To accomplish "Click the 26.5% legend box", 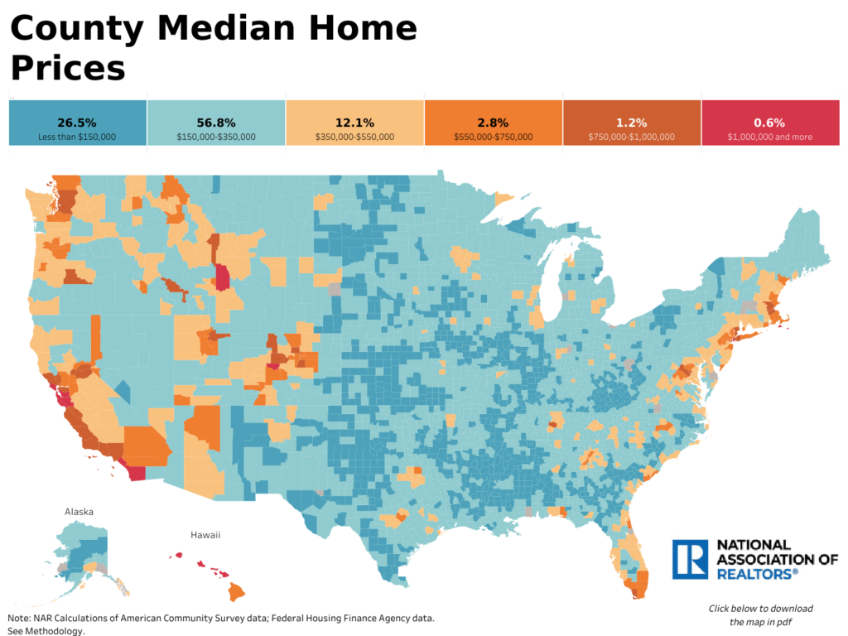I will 77,123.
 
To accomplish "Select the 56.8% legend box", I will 215,123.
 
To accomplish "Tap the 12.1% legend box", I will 354,123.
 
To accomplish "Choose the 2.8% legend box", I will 493,123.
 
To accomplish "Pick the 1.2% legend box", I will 631,123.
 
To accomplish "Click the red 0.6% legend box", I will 769,123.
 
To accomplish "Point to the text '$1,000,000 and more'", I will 769,137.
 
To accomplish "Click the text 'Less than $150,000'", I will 77,137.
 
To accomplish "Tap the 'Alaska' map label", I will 79,512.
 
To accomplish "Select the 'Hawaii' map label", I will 205,535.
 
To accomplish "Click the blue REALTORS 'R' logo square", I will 690,560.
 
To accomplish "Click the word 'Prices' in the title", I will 68,68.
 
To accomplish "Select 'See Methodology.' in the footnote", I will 46,631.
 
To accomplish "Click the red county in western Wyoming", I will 222,277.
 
